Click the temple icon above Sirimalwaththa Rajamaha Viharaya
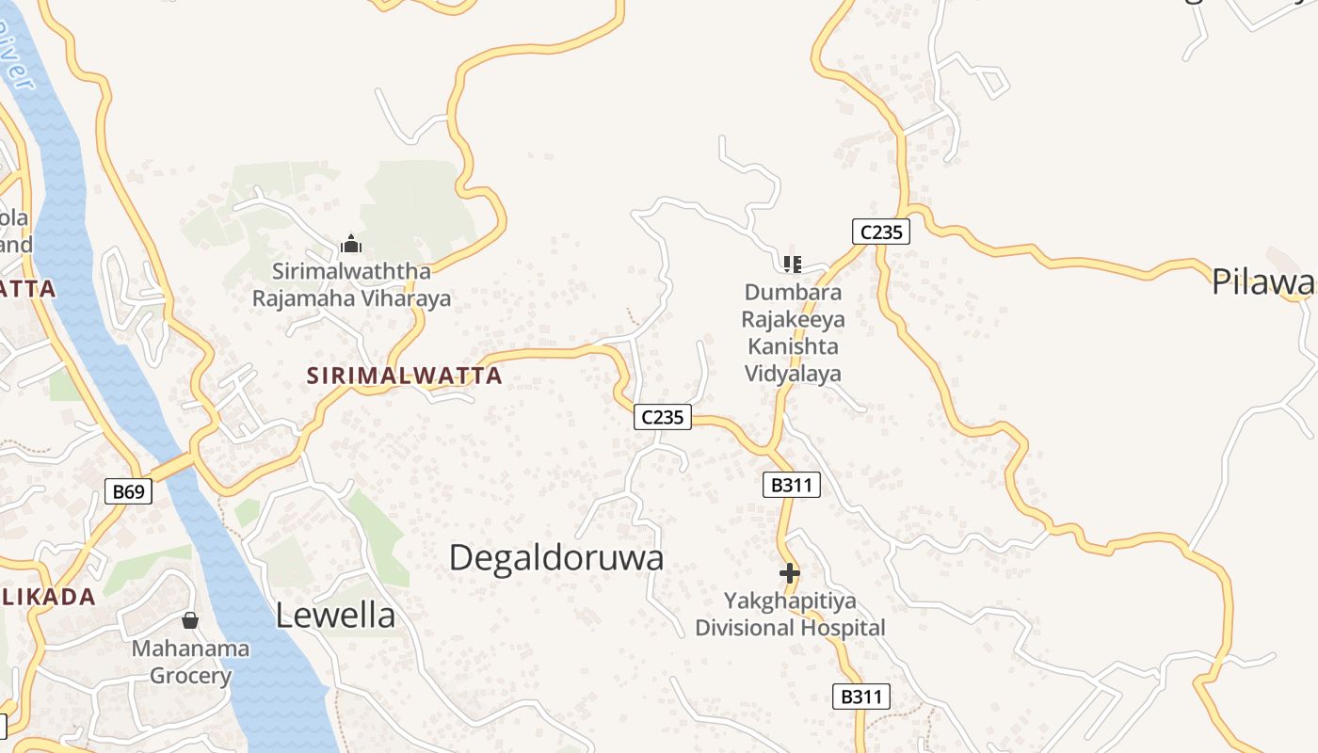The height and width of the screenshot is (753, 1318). (x=351, y=245)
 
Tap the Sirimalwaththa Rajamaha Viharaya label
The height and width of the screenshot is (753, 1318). (x=351, y=285)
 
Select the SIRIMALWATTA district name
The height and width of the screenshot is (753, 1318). (x=404, y=376)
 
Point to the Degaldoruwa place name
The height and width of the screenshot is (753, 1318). (x=555, y=558)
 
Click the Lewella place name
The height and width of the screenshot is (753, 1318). (x=335, y=616)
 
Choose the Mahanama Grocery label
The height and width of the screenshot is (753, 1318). (x=190, y=662)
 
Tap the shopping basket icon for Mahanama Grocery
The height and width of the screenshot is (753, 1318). (x=190, y=620)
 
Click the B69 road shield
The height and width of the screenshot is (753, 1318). (x=128, y=490)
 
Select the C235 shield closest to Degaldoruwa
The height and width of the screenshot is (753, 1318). (x=663, y=416)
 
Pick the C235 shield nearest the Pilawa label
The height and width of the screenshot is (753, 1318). (x=881, y=232)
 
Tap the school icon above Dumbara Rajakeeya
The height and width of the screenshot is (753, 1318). (x=792, y=264)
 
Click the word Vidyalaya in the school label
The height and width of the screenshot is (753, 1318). (x=793, y=374)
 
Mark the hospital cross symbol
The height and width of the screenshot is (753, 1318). (x=790, y=572)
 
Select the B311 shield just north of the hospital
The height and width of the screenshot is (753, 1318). (x=791, y=485)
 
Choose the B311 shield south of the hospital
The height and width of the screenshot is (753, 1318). (x=861, y=697)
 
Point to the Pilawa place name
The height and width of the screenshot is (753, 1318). (x=1263, y=282)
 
